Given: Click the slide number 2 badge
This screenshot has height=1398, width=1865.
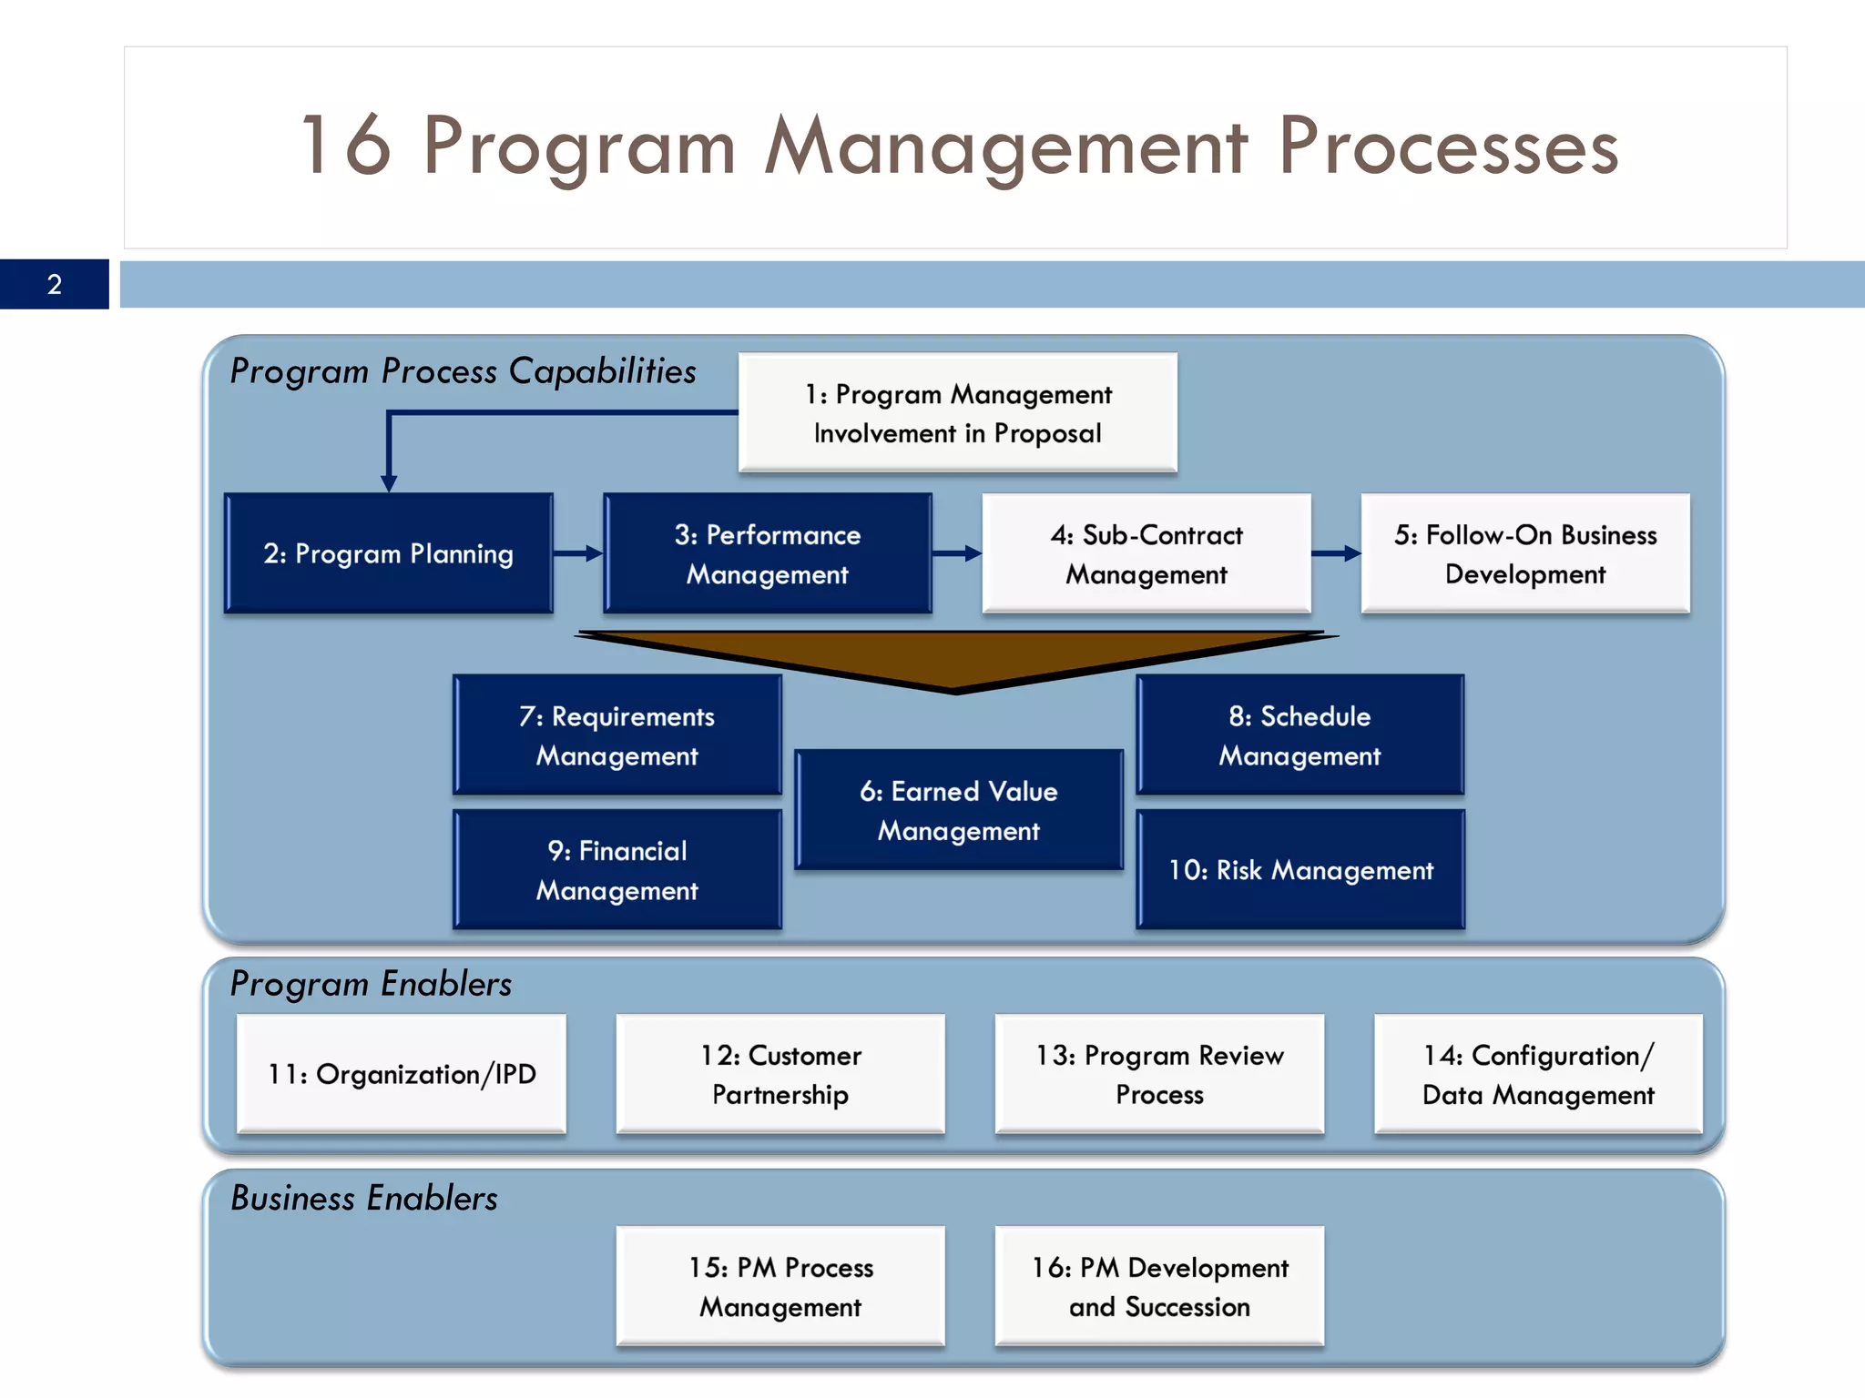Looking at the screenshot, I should click(x=54, y=284).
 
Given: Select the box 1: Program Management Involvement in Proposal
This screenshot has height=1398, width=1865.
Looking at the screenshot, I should click(x=957, y=413).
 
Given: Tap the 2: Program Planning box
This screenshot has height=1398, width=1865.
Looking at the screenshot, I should click(x=389, y=553).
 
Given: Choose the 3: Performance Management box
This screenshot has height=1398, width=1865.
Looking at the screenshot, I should click(x=767, y=553).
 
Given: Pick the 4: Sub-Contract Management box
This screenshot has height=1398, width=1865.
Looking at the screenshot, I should click(x=1146, y=553).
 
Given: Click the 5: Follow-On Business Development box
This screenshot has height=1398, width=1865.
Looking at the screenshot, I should click(x=1525, y=553).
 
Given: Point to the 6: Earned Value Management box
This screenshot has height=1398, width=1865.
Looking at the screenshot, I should click(x=958, y=810).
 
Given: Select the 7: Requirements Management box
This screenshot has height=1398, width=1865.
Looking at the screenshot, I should click(x=617, y=735).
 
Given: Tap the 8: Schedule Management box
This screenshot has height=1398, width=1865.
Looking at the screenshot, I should click(x=1299, y=735).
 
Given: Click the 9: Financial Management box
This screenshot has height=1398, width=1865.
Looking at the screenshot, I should click(x=617, y=870).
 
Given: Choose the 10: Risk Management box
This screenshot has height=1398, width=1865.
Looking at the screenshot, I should click(x=1300, y=870).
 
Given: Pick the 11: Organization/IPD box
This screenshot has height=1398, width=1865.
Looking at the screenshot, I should click(x=402, y=1074).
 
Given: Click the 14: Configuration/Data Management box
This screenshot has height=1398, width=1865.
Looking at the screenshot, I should click(x=1538, y=1074).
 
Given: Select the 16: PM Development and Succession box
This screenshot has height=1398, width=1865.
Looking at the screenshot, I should click(x=1159, y=1286).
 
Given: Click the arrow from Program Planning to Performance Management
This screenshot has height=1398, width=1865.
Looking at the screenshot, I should click(x=578, y=553).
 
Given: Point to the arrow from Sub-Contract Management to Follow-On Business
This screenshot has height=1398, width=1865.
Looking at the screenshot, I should click(x=1336, y=553).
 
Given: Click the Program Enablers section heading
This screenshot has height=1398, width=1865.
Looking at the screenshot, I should click(x=371, y=984).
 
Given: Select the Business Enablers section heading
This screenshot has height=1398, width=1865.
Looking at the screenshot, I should click(x=364, y=1198).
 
